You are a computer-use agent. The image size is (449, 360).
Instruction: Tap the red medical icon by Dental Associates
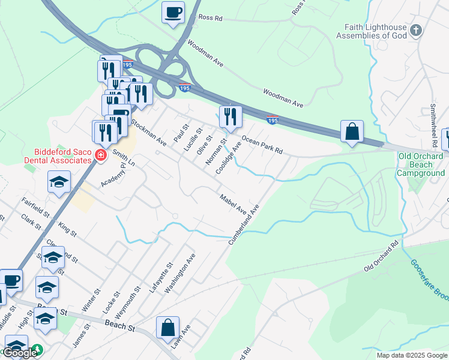(100, 157)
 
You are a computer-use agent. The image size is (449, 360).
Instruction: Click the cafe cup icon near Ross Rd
(173, 12)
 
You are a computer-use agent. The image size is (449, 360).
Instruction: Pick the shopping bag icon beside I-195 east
(351, 131)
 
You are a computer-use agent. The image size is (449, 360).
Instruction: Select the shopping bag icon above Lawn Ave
(167, 328)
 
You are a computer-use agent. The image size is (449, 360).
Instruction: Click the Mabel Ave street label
(233, 205)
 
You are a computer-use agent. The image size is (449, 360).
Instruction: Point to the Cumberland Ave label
(243, 224)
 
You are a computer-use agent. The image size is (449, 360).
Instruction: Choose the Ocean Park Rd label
(262, 144)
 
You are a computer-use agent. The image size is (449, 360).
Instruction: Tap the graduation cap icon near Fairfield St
(59, 182)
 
